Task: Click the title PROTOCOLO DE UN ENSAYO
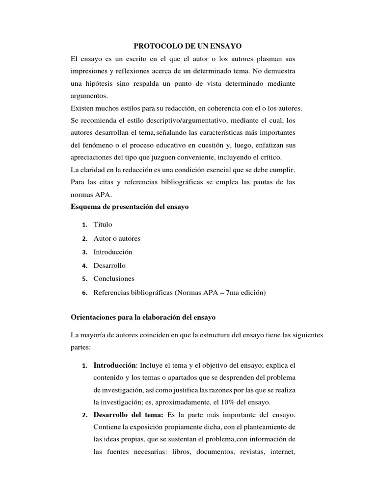pos(188,46)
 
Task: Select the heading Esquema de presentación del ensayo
pos(130,207)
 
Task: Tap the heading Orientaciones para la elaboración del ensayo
pos(143,317)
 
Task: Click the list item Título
pos(103,225)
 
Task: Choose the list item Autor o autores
pos(117,238)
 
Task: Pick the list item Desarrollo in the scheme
pos(109,265)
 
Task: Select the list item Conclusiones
pos(114,278)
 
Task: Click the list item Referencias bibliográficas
pos(133,292)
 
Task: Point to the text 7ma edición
pos(245,292)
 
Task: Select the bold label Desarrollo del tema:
pos(129,415)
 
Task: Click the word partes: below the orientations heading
pos(82,347)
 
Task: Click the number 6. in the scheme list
pos(84,293)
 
